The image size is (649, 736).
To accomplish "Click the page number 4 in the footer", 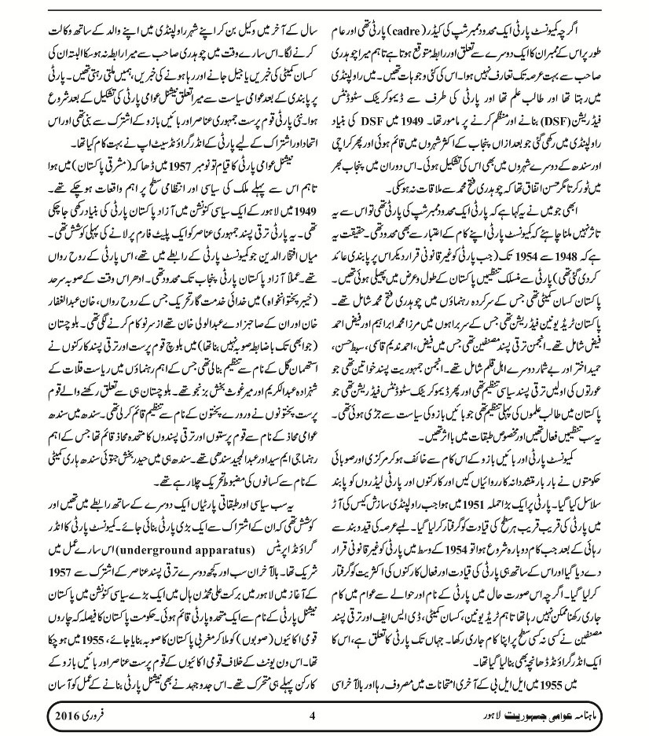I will [x=312, y=716].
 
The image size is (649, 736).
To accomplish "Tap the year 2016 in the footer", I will [x=49, y=716].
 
